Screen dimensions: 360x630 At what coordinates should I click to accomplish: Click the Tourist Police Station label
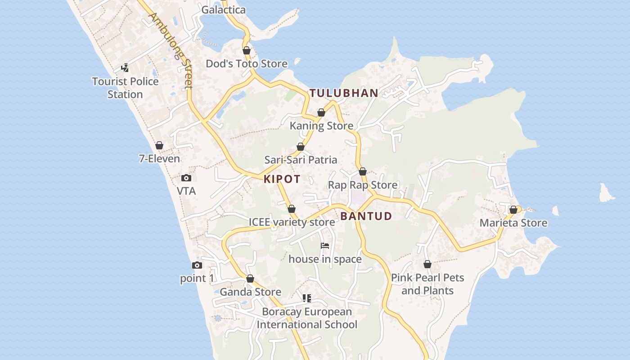125,88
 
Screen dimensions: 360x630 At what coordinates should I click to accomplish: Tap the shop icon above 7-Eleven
159,145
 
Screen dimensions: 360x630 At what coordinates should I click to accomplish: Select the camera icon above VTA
186,178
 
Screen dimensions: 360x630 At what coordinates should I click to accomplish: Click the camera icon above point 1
197,265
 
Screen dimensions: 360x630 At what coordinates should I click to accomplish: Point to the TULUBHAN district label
344,93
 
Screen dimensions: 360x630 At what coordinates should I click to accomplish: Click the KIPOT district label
282,179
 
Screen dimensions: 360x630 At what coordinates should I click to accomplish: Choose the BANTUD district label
366,216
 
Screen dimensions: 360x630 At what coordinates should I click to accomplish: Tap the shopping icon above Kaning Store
321,112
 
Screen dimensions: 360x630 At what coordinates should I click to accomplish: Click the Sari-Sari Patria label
301,160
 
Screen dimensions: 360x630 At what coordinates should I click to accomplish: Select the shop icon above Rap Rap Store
363,171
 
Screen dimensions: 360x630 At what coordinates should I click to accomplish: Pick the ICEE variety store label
292,222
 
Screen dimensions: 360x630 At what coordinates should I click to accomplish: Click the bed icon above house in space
325,246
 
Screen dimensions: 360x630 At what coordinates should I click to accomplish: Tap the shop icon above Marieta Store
513,210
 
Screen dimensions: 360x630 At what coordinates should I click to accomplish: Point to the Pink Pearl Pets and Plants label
427,284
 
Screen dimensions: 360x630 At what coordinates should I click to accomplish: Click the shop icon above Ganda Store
250,279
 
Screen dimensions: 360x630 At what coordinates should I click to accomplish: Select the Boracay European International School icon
307,298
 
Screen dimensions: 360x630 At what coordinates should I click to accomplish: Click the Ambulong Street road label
171,50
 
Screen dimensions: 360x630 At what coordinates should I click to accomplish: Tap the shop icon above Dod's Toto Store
247,50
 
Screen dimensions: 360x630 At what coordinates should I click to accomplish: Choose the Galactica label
224,10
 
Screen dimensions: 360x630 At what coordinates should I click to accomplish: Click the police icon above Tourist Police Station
125,68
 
